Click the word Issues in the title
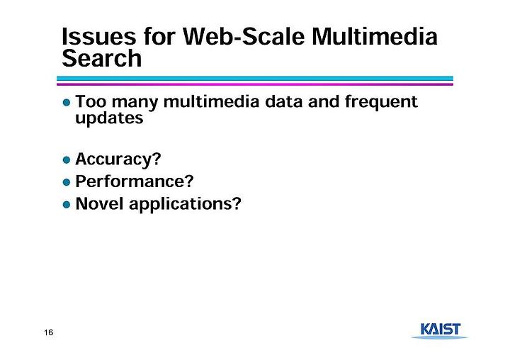tap(99, 36)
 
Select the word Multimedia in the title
tap(375, 36)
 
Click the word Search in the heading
tap(102, 58)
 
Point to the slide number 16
tap(48, 332)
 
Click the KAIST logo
tap(440, 331)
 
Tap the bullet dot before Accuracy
tap(67, 160)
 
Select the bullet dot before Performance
tap(67, 182)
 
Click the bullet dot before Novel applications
tap(67, 205)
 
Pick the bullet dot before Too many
tap(67, 103)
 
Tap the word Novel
tap(99, 204)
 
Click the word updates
tap(109, 118)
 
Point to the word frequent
tap(381, 102)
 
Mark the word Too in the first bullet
tap(91, 101)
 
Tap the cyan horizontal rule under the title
tap(255, 79)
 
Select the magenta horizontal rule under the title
tap(255, 84)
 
